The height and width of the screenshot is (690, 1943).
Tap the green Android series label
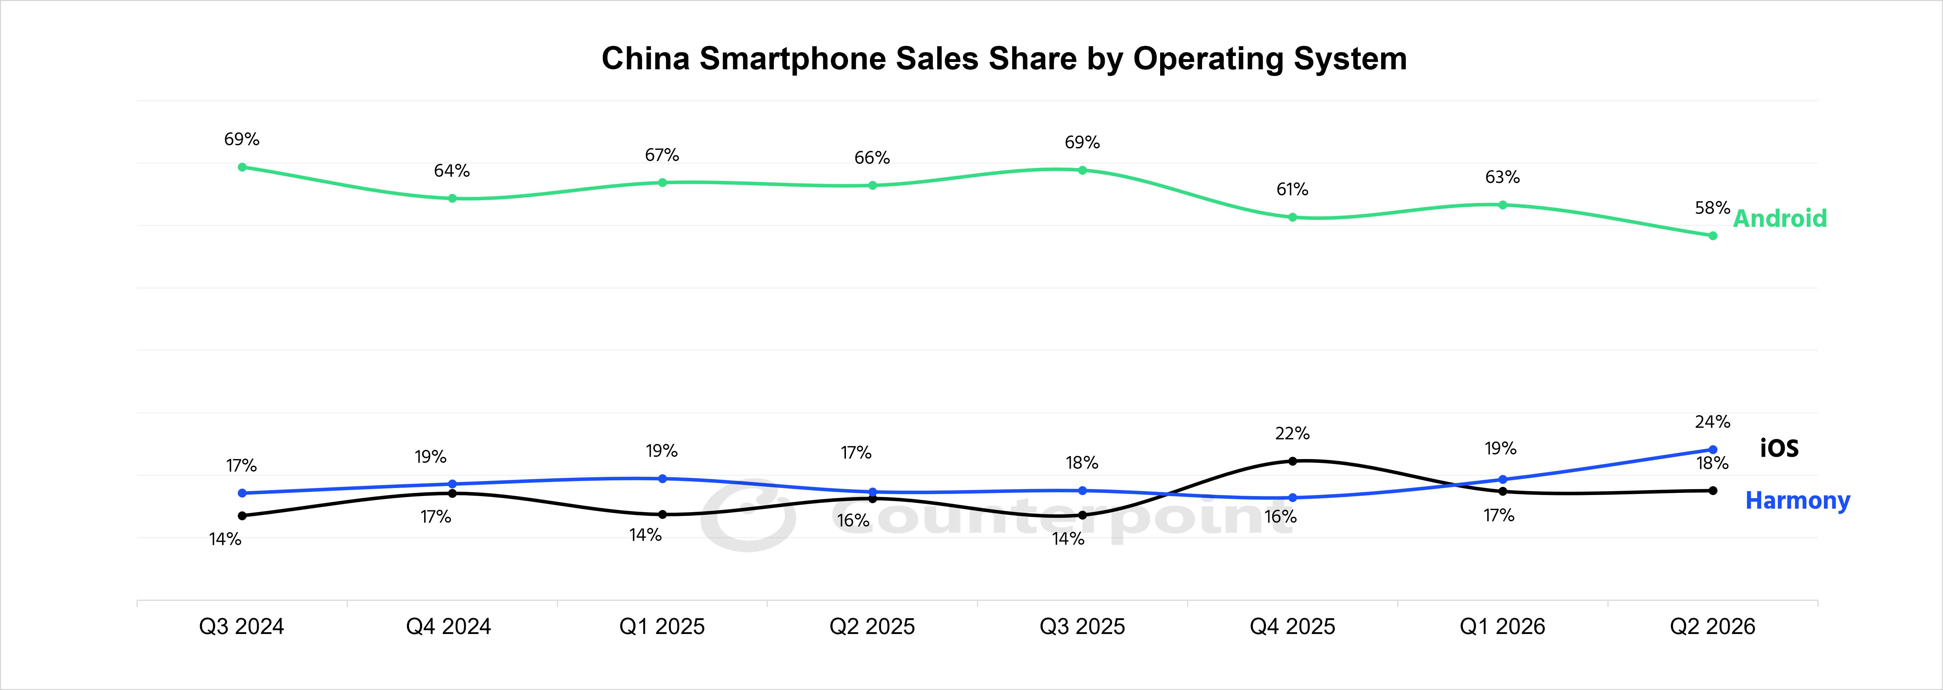click(x=1780, y=219)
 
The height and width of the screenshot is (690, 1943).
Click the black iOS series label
click(x=1779, y=448)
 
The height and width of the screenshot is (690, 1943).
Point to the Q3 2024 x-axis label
click(x=241, y=627)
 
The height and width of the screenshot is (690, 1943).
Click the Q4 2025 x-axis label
click(x=1292, y=627)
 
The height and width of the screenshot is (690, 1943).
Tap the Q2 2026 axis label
click(x=1712, y=627)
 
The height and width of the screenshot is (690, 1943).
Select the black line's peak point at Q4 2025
click(x=1292, y=461)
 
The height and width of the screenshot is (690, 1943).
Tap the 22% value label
click(x=1292, y=434)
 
